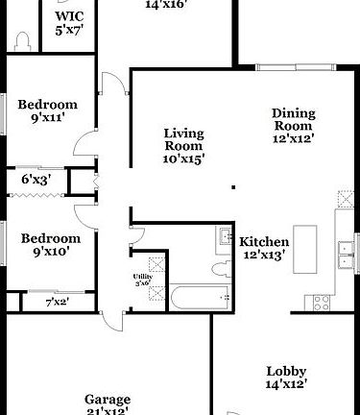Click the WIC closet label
tap(69, 16)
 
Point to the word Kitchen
tap(264, 241)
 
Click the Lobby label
tap(286, 372)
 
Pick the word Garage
tap(108, 400)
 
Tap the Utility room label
tap(142, 277)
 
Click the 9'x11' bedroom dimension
tap(47, 119)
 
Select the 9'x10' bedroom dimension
tap(50, 253)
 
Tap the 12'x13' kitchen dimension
tap(263, 256)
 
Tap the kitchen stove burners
tap(322, 301)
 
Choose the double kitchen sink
tap(345, 253)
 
